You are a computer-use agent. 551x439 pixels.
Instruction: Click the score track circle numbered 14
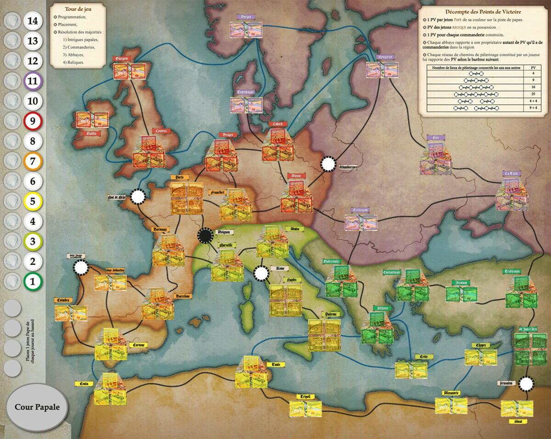pos(32,21)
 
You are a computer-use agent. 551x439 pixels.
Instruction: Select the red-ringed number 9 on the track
pos(32,121)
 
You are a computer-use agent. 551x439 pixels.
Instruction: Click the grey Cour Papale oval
pos(37,407)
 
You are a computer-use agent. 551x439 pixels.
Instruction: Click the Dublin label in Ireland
pos(94,134)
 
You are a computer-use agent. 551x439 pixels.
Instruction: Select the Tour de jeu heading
pos(77,9)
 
